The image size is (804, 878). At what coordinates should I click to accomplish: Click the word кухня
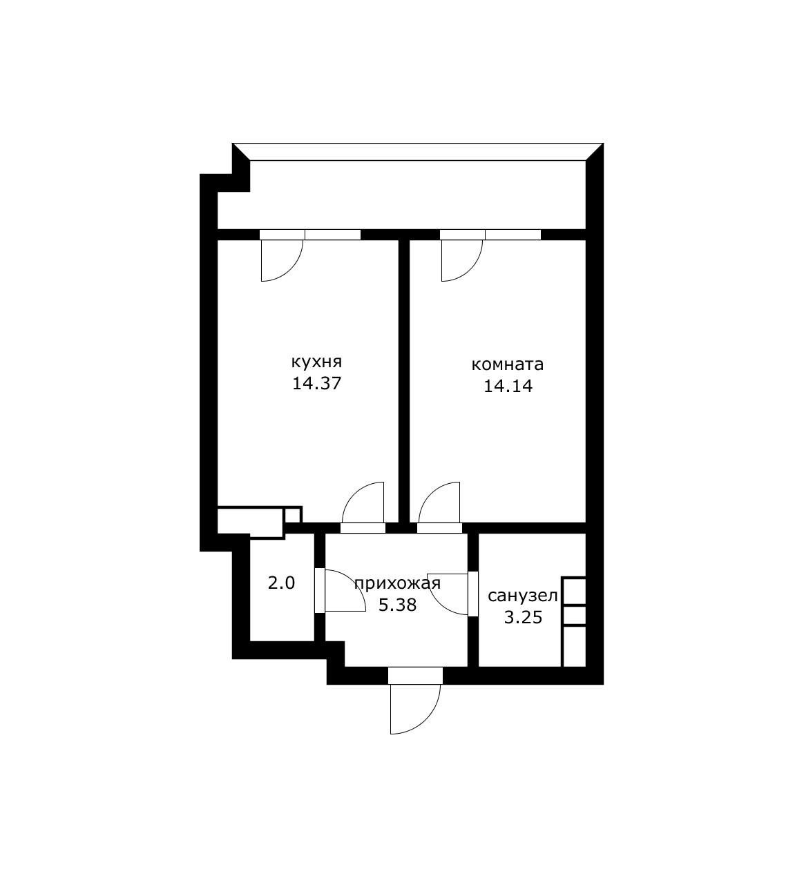tap(316, 362)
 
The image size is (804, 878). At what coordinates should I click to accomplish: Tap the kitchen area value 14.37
tap(316, 384)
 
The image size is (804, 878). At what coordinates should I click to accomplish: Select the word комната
tap(507, 364)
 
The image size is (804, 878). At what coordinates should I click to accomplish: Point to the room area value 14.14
tap(508, 386)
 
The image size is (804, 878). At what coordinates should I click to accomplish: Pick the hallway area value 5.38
tap(397, 605)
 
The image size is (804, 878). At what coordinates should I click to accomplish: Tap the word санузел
tap(522, 596)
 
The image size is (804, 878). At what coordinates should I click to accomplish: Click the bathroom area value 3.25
tap(522, 617)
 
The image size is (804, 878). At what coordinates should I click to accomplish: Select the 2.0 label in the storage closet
tap(281, 583)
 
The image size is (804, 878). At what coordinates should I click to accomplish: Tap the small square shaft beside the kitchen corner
tap(292, 515)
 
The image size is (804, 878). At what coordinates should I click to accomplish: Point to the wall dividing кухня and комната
tap(404, 380)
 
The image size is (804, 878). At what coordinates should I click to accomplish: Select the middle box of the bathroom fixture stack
tap(574, 615)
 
